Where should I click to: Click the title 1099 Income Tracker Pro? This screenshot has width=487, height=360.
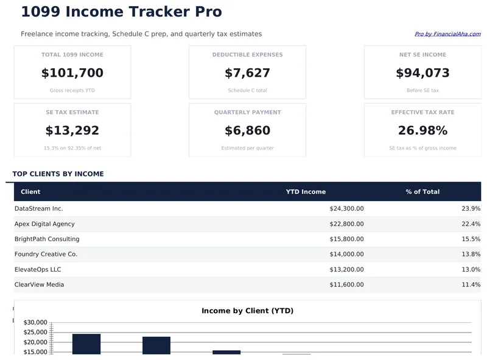click(121, 12)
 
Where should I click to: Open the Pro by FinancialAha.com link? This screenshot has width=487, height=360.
click(447, 34)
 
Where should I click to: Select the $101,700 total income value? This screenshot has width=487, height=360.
click(72, 73)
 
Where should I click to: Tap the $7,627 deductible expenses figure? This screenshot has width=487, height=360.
click(247, 73)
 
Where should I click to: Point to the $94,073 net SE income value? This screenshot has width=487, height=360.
click(422, 73)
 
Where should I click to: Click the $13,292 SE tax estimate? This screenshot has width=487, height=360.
click(72, 131)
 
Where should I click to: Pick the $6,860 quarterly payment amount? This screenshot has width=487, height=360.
click(247, 131)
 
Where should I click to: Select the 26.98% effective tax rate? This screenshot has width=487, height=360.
click(422, 131)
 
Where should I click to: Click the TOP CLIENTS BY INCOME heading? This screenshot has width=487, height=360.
click(58, 174)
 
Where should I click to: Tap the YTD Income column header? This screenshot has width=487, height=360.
click(306, 192)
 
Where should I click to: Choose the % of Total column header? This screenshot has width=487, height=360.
click(422, 192)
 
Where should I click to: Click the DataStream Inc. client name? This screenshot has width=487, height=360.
click(39, 208)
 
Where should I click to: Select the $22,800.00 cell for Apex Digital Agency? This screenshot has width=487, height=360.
click(346, 224)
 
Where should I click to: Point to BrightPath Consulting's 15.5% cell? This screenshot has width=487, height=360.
click(471, 239)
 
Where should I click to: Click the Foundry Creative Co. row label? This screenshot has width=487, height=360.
click(46, 254)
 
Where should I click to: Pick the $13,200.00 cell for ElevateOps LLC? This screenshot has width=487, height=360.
click(346, 269)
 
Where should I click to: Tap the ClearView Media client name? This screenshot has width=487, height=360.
click(39, 284)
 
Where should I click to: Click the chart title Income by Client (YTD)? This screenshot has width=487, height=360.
click(247, 311)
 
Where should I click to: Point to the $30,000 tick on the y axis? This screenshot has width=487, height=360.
click(35, 322)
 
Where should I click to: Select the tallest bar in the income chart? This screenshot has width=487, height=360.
click(86, 344)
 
